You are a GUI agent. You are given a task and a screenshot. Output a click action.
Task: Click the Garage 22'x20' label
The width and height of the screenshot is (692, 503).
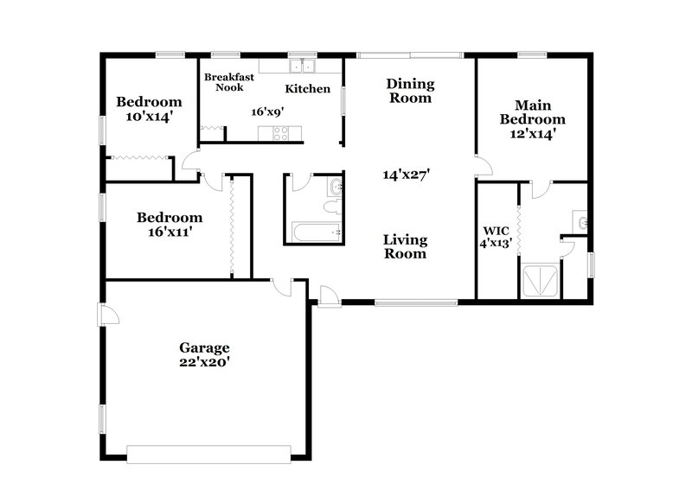tap(204, 354)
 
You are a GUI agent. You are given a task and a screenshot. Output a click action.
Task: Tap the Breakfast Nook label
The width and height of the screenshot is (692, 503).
tap(229, 82)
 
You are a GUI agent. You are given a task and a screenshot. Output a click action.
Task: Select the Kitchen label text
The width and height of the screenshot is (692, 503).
tap(308, 88)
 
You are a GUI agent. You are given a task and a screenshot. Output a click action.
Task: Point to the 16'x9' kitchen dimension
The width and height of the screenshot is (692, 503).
tap(268, 111)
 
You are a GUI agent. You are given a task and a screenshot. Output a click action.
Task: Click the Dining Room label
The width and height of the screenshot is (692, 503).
tap(410, 91)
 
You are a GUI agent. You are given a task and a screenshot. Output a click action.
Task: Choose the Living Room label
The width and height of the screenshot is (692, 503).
tap(406, 246)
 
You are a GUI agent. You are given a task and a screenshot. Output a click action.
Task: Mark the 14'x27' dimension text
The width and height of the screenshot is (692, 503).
tap(407, 174)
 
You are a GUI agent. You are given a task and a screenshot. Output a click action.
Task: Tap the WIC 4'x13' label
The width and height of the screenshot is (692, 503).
tap(497, 237)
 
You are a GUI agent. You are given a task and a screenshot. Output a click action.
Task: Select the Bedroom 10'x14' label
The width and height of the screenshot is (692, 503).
tap(150, 108)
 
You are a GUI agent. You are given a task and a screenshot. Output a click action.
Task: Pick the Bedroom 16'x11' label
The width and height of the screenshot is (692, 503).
tap(170, 224)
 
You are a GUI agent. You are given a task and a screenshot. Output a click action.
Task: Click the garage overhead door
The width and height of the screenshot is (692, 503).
tap(208, 453)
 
